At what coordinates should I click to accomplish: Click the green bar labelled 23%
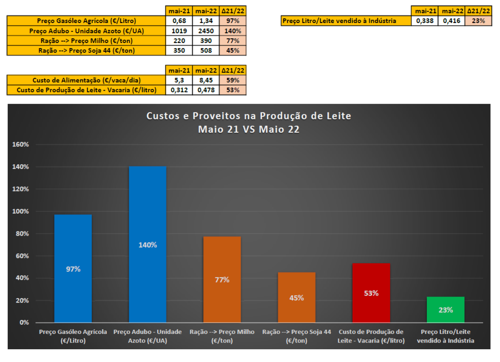click(x=445, y=310)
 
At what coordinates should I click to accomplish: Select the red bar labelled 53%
click(x=371, y=293)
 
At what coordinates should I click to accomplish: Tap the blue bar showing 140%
click(x=148, y=245)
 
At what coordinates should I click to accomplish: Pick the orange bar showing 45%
click(x=296, y=297)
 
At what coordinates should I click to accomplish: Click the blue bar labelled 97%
click(x=73, y=268)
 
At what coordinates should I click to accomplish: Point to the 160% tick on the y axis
click(x=20, y=145)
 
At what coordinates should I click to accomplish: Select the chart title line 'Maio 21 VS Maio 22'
click(x=249, y=129)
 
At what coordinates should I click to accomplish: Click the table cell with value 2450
click(x=205, y=31)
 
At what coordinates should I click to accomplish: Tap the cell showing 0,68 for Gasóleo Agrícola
click(x=179, y=21)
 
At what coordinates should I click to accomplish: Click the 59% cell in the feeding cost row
click(x=233, y=80)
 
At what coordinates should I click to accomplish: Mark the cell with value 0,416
click(x=451, y=20)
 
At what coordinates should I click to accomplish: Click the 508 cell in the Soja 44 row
click(x=205, y=51)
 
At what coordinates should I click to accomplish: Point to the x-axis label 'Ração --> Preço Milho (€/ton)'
click(x=222, y=336)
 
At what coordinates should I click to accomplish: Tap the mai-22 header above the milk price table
click(x=451, y=11)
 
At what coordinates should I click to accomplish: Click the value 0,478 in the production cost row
click(x=205, y=90)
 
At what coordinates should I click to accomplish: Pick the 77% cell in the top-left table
click(x=233, y=41)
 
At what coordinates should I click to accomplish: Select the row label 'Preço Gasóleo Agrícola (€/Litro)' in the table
click(x=86, y=21)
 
